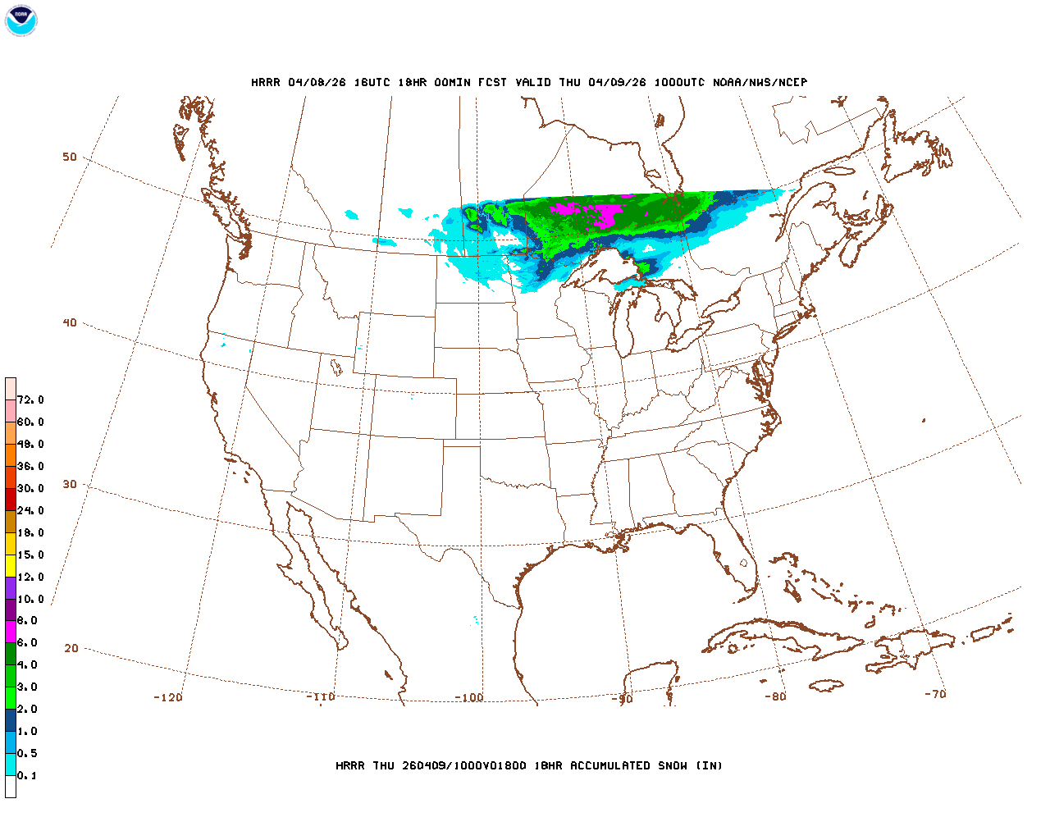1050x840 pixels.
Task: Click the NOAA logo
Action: [21, 21]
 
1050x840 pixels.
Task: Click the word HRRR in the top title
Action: [266, 82]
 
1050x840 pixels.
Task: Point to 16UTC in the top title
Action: [372, 82]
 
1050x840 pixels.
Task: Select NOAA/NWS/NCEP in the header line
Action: [760, 82]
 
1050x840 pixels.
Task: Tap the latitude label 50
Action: [70, 157]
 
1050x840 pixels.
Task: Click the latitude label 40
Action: [70, 322]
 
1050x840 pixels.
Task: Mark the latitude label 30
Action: [70, 484]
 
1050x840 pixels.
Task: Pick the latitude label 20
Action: [71, 648]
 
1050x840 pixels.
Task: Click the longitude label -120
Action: [168, 697]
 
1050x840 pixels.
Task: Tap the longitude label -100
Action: [469, 697]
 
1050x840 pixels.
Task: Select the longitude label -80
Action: [775, 696]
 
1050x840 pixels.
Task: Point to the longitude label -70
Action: [935, 694]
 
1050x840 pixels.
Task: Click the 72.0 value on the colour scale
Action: [30, 399]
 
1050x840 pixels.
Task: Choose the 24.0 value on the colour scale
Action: [30, 510]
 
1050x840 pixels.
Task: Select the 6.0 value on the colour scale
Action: [27, 643]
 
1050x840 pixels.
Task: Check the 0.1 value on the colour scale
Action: [27, 775]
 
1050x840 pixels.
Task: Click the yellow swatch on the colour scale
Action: [11, 566]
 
